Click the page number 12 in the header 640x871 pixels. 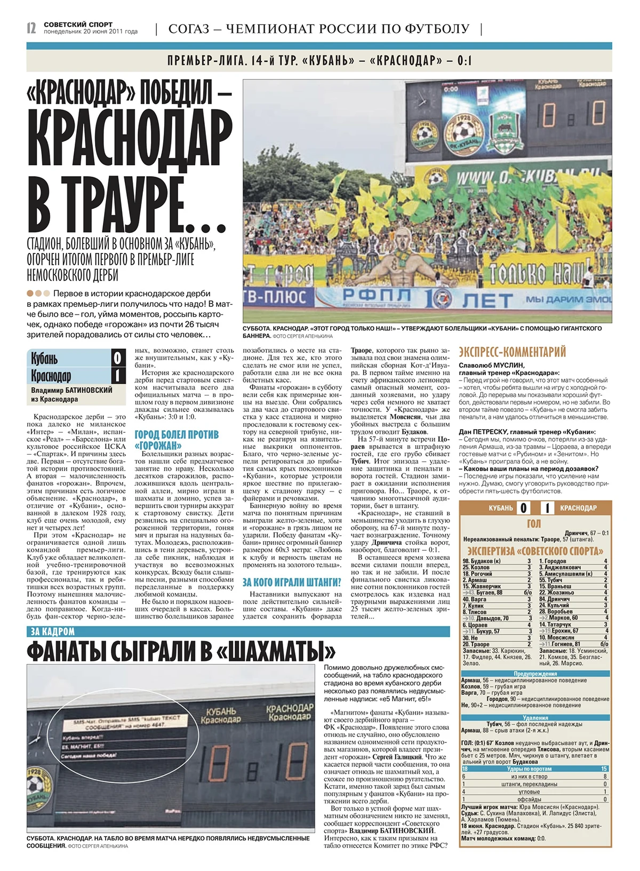pyautogui.click(x=31, y=28)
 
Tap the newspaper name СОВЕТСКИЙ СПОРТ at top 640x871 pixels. pyautogui.click(x=78, y=25)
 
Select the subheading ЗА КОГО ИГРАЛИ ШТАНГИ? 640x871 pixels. pyautogui.click(x=292, y=582)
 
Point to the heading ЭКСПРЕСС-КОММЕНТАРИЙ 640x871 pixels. pyautogui.click(x=512, y=352)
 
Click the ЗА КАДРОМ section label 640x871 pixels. pyautogui.click(x=51, y=632)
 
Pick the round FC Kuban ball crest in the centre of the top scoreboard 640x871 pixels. pyautogui.click(x=463, y=132)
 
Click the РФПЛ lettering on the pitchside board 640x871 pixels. pyautogui.click(x=377, y=295)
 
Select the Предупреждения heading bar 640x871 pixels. pyautogui.click(x=535, y=674)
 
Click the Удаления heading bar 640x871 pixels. pyautogui.click(x=535, y=718)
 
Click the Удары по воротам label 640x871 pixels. pyautogui.click(x=529, y=769)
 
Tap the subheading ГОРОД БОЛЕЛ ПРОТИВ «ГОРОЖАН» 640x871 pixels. pyautogui.click(x=177, y=440)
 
